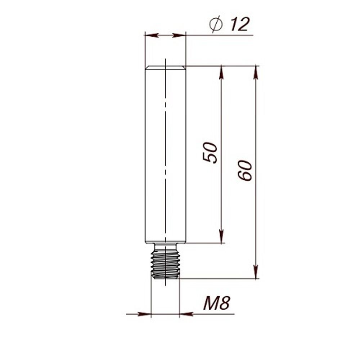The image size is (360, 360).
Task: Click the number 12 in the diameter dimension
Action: point(239,24)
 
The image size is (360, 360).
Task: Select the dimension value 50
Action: point(211,153)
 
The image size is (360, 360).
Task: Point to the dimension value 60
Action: point(245,170)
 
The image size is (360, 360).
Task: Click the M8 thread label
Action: point(216,303)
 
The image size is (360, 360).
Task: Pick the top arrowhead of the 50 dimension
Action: point(221,72)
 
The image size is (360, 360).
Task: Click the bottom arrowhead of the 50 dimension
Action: point(221,237)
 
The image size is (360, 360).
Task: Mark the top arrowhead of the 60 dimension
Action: point(256,72)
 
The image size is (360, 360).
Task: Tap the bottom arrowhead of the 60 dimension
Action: point(256,272)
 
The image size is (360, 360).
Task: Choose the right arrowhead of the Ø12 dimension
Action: point(179,35)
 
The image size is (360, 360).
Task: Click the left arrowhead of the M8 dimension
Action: point(144,314)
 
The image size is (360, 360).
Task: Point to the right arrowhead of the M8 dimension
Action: point(186,314)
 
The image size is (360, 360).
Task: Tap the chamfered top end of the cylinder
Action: point(165,67)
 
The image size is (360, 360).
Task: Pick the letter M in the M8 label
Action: point(210,303)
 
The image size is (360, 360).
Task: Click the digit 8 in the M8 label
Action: point(225,303)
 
